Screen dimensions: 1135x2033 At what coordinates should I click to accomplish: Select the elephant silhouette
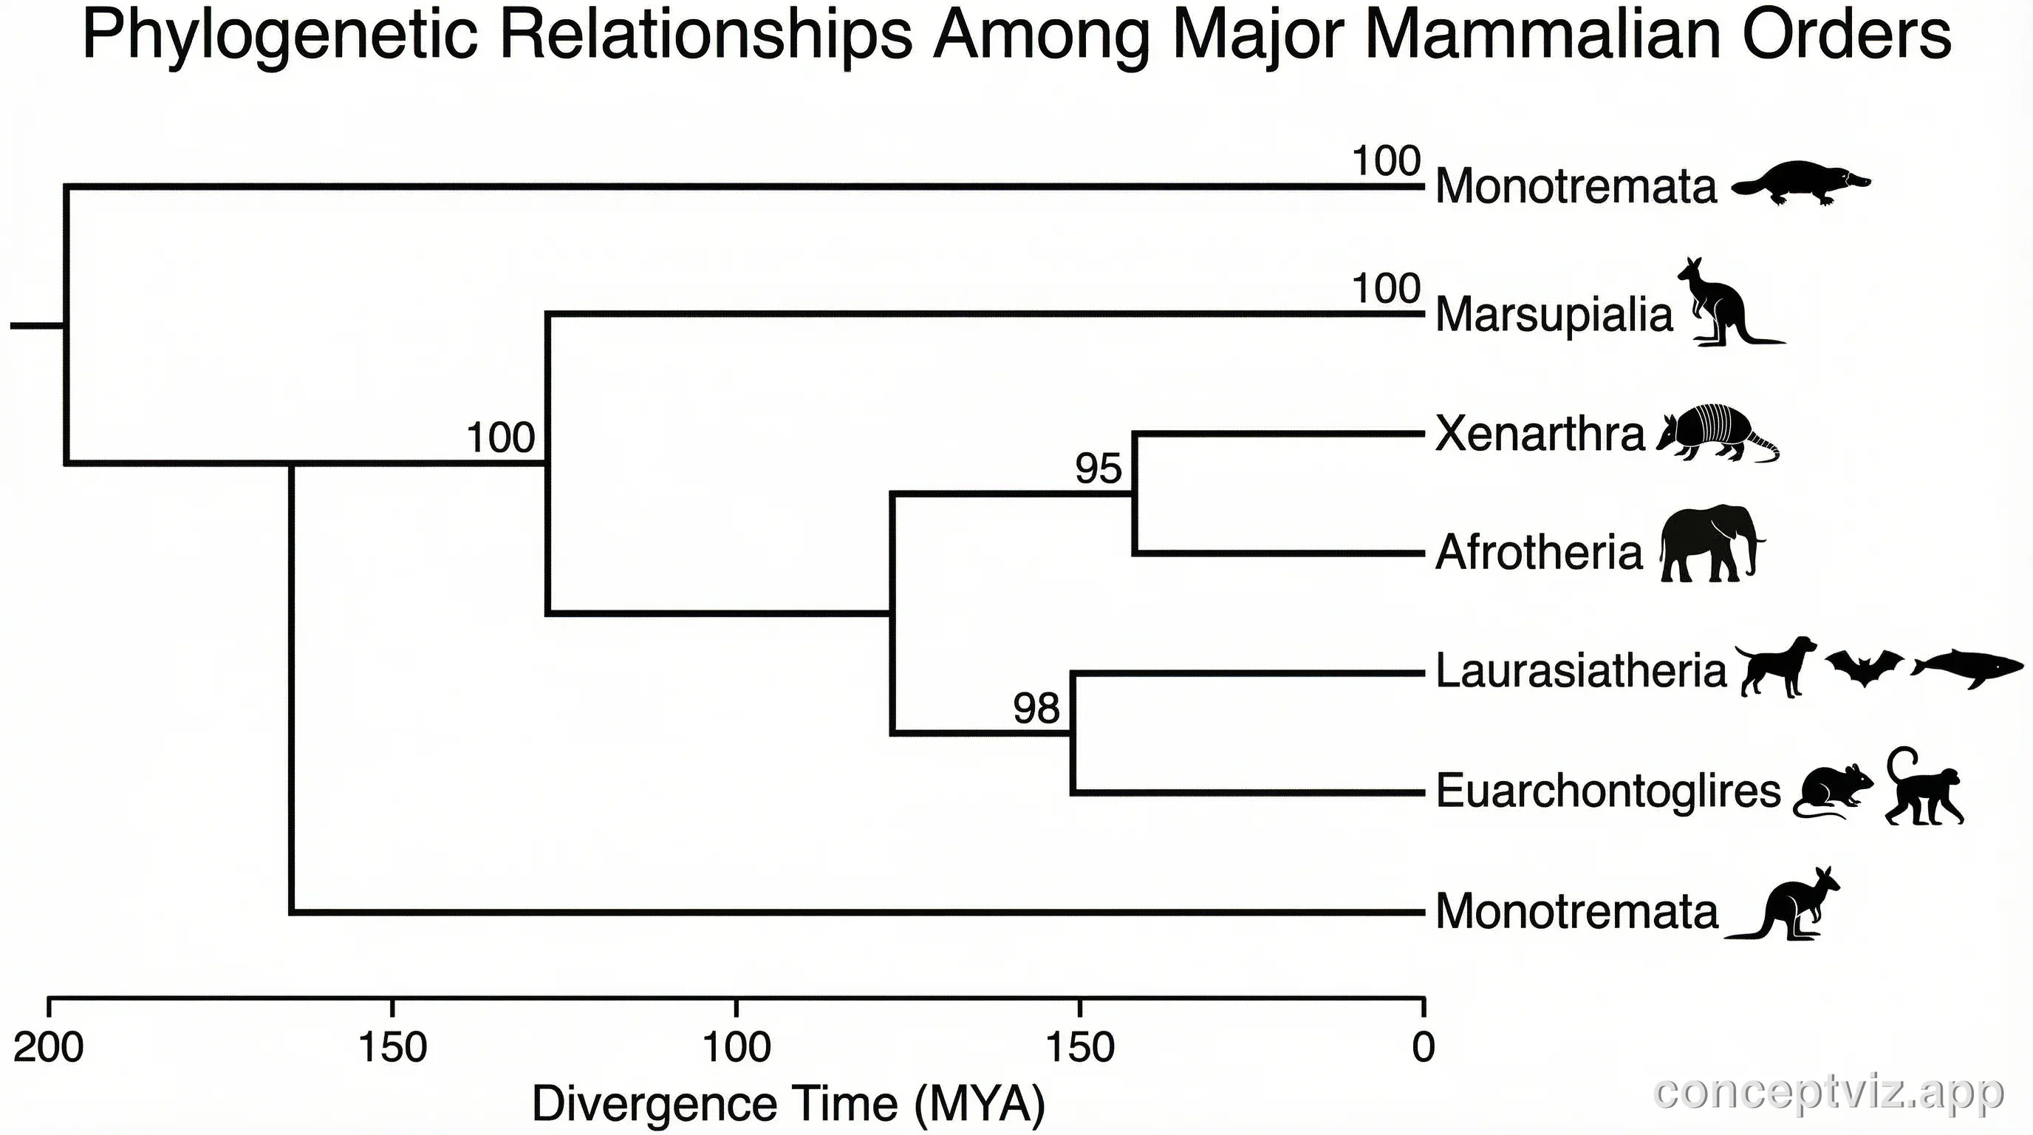pyautogui.click(x=1709, y=545)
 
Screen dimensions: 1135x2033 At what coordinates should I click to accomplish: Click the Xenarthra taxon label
pyautogui.click(x=1539, y=433)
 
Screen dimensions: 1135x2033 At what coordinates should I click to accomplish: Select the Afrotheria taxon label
pyautogui.click(x=1538, y=552)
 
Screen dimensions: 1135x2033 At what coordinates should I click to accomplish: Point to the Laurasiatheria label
pyautogui.click(x=1580, y=672)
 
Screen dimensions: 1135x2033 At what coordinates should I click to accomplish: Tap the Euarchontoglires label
pyautogui.click(x=1607, y=791)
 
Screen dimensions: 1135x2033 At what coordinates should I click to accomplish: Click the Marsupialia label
pyautogui.click(x=1553, y=314)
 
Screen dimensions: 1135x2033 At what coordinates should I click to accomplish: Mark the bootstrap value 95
pyautogui.click(x=1097, y=468)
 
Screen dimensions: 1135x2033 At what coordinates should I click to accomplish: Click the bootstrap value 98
pyautogui.click(x=1036, y=708)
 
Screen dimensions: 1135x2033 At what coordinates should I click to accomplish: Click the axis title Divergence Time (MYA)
pyautogui.click(x=787, y=1102)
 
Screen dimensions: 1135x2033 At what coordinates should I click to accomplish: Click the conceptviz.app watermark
pyautogui.click(x=1828, y=1093)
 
